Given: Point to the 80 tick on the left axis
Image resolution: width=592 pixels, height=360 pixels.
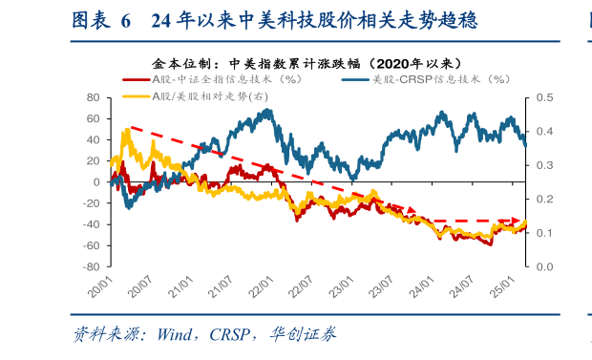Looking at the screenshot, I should pyautogui.click(x=94, y=97).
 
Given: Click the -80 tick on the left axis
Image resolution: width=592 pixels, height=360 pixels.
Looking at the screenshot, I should pyautogui.click(x=91, y=267).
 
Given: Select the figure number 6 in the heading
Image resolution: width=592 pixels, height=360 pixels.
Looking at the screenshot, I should pyautogui.click(x=126, y=20).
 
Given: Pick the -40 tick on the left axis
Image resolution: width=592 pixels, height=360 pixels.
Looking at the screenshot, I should pyautogui.click(x=92, y=225).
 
